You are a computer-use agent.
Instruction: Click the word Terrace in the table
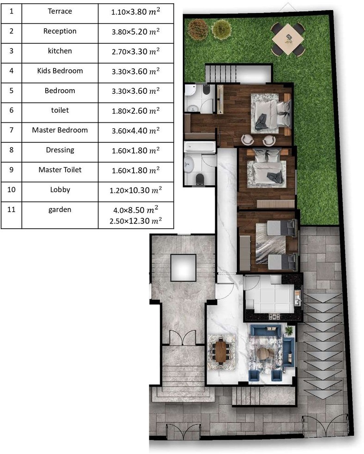point(60,11)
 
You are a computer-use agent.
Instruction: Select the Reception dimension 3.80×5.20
point(136,31)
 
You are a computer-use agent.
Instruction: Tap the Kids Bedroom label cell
point(60,71)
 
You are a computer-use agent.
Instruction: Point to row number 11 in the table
point(11,209)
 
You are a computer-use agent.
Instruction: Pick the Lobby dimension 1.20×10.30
point(136,190)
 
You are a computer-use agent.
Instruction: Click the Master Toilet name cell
point(60,169)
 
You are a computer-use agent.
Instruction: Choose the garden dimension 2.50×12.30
point(136,221)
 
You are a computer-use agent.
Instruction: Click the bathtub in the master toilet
point(200,147)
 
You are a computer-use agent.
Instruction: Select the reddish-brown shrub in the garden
point(198,28)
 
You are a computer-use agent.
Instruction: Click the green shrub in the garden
point(222,29)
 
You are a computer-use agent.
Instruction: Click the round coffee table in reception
point(263,353)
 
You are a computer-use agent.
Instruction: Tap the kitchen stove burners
point(274,317)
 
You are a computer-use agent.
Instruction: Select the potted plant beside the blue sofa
point(289,330)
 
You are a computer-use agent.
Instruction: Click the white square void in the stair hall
point(183,268)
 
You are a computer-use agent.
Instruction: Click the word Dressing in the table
point(60,150)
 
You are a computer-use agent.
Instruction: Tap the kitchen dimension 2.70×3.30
point(136,51)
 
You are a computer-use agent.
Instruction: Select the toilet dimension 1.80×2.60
point(136,110)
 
